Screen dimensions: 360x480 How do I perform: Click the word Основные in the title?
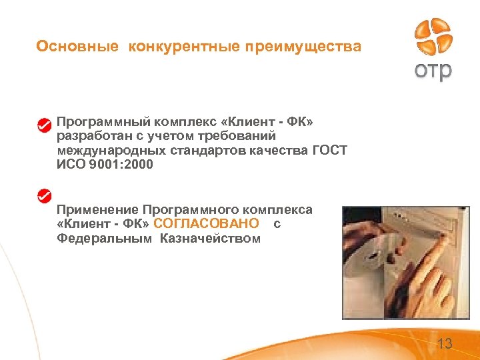(x=77, y=47)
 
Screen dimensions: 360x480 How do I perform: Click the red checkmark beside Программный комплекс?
(x=44, y=125)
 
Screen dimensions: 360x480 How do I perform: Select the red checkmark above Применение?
(x=44, y=196)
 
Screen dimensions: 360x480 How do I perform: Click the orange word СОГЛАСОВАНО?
(x=206, y=224)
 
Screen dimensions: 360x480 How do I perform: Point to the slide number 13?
(x=445, y=344)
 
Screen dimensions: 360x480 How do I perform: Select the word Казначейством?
(x=210, y=238)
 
